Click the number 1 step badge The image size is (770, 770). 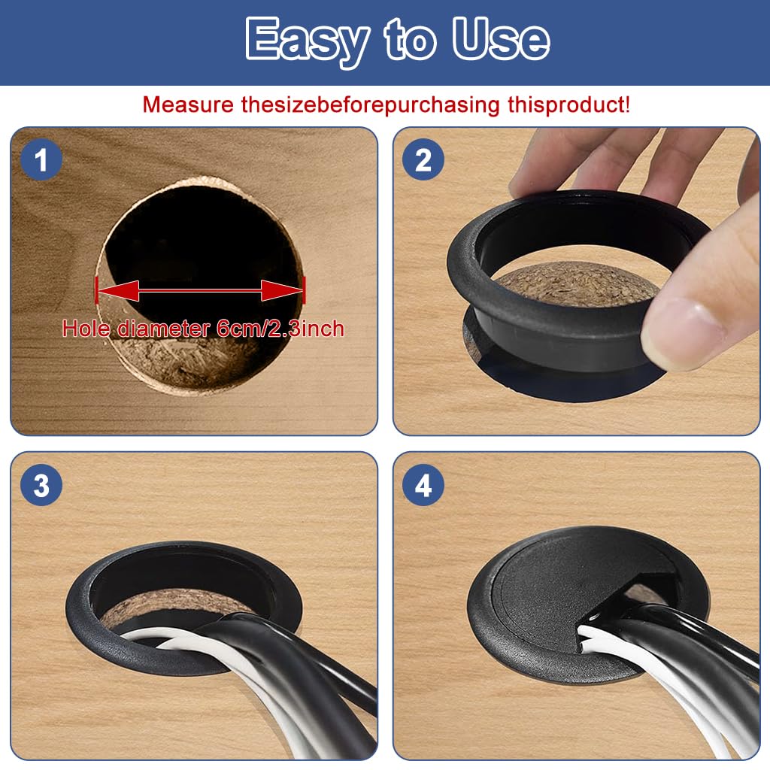[x=41, y=161]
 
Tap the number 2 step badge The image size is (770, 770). [x=423, y=161]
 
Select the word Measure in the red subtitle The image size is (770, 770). [x=188, y=105]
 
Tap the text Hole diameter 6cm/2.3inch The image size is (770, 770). [x=203, y=329]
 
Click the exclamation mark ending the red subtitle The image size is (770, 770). [x=626, y=105]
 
